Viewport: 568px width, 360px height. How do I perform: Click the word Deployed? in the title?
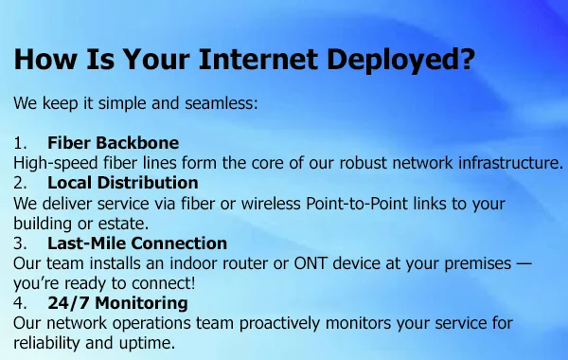(400, 60)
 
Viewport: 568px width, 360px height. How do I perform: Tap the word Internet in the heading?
(258, 59)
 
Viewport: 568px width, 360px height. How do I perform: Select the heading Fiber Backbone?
(114, 143)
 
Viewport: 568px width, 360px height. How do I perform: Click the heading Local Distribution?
(123, 183)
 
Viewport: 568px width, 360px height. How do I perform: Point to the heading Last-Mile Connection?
(137, 243)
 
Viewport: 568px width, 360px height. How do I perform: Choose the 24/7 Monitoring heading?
(117, 303)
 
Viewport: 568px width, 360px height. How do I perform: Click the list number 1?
(20, 143)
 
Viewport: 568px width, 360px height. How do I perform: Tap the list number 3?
(20, 243)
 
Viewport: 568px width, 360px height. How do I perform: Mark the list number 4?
(20, 303)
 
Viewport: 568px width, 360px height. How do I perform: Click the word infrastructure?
(511, 163)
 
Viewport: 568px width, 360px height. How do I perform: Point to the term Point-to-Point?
(357, 204)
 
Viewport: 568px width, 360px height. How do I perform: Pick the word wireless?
(271, 204)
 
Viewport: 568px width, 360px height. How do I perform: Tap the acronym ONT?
(311, 263)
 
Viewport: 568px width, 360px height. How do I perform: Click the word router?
(245, 263)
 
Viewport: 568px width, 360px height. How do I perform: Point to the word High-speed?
(56, 163)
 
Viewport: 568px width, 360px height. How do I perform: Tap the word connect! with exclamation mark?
(164, 283)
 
